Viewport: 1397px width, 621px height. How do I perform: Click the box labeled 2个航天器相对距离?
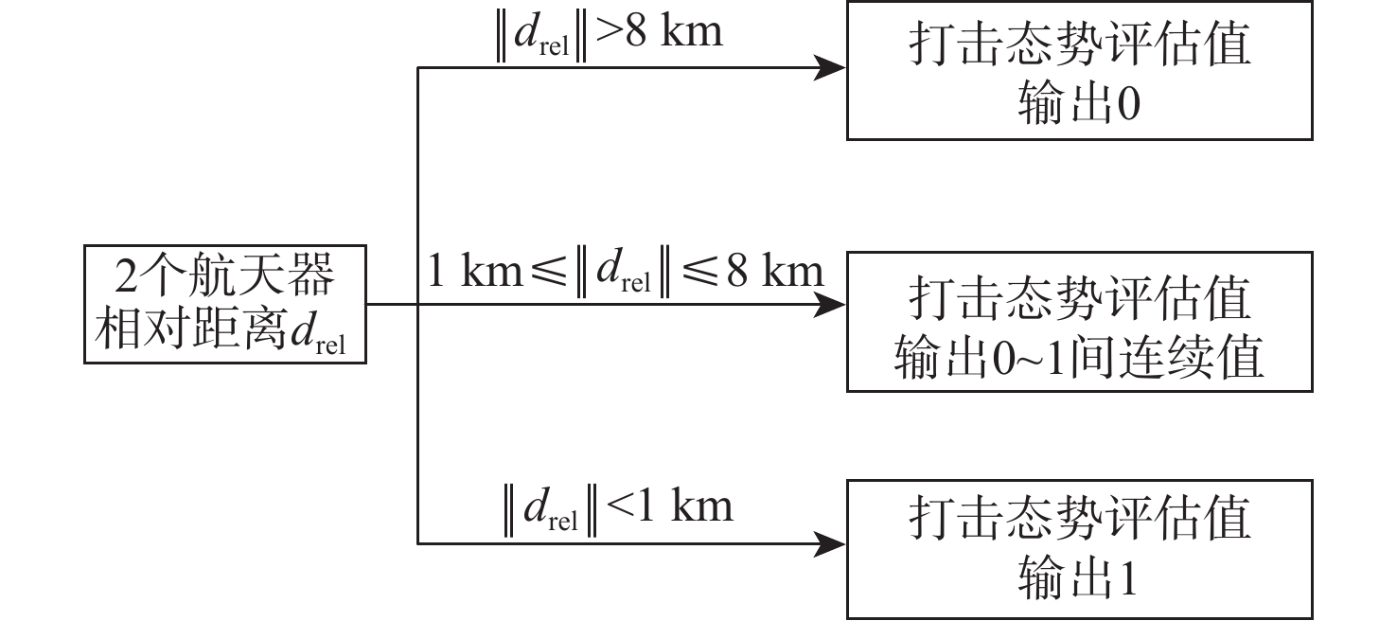pos(225,305)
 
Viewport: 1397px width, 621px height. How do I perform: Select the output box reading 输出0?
pos(1079,71)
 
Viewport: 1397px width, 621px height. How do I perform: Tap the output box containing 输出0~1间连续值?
pos(1079,322)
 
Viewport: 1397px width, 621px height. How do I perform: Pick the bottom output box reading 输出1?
pos(1079,549)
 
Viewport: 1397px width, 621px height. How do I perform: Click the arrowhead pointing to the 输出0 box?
pos(830,67)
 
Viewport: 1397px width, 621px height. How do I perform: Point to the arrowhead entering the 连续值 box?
pos(830,305)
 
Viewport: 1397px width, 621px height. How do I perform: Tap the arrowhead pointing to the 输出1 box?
pos(830,543)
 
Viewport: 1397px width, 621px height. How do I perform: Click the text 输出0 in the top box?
pos(1079,106)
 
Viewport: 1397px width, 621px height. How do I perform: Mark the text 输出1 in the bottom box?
pos(1079,579)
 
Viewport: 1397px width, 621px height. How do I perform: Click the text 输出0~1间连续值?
pos(1079,360)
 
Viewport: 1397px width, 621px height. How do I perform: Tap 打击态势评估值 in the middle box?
pos(1079,297)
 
